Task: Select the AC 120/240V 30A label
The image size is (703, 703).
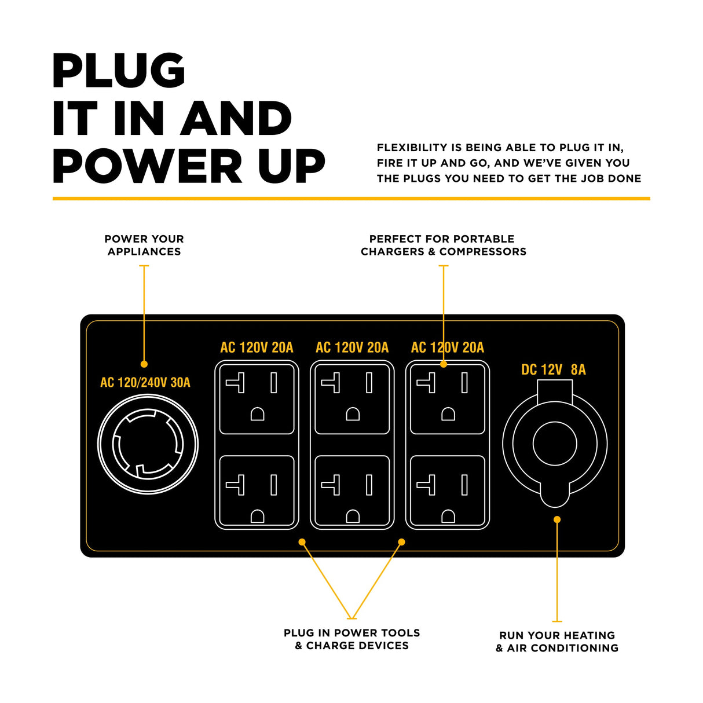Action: [x=145, y=382]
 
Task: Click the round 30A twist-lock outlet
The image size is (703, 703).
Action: [x=148, y=444]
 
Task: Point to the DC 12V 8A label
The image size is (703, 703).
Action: [x=553, y=369]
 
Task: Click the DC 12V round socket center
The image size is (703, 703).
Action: [x=554, y=444]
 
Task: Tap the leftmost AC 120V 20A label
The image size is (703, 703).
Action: [x=257, y=347]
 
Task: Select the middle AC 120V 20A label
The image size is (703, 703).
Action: [x=352, y=347]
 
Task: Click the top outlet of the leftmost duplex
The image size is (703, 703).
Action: [x=257, y=398]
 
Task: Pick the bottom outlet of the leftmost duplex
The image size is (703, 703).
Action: [x=257, y=491]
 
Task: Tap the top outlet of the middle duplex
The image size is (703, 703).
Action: [x=352, y=398]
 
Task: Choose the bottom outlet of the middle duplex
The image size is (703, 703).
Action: [x=352, y=491]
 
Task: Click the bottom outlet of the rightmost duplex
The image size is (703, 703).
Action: [x=447, y=491]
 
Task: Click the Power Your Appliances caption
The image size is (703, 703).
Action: [x=144, y=245]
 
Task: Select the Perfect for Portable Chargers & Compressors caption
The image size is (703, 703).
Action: [x=443, y=245]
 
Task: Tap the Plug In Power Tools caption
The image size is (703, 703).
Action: [x=351, y=639]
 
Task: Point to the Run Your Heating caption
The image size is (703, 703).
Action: [x=557, y=642]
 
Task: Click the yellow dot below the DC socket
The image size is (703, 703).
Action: [x=557, y=519]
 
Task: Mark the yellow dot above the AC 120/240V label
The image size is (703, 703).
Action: [x=144, y=364]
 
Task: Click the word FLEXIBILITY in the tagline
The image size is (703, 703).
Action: [x=412, y=148]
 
